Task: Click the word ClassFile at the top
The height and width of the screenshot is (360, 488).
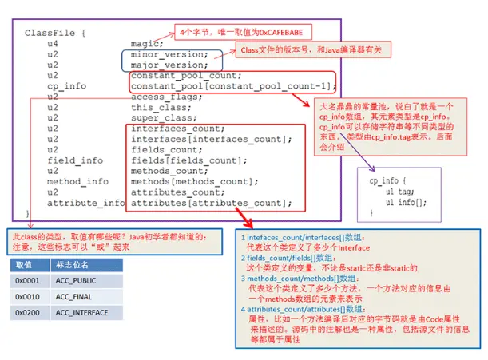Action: tap(50, 33)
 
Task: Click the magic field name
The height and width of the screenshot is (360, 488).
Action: tap(147, 43)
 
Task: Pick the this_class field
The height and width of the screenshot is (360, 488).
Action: tap(160, 107)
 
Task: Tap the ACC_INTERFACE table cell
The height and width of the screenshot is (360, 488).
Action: tap(88, 312)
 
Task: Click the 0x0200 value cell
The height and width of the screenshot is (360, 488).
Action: tap(28, 312)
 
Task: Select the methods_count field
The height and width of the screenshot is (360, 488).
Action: tap(168, 171)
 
